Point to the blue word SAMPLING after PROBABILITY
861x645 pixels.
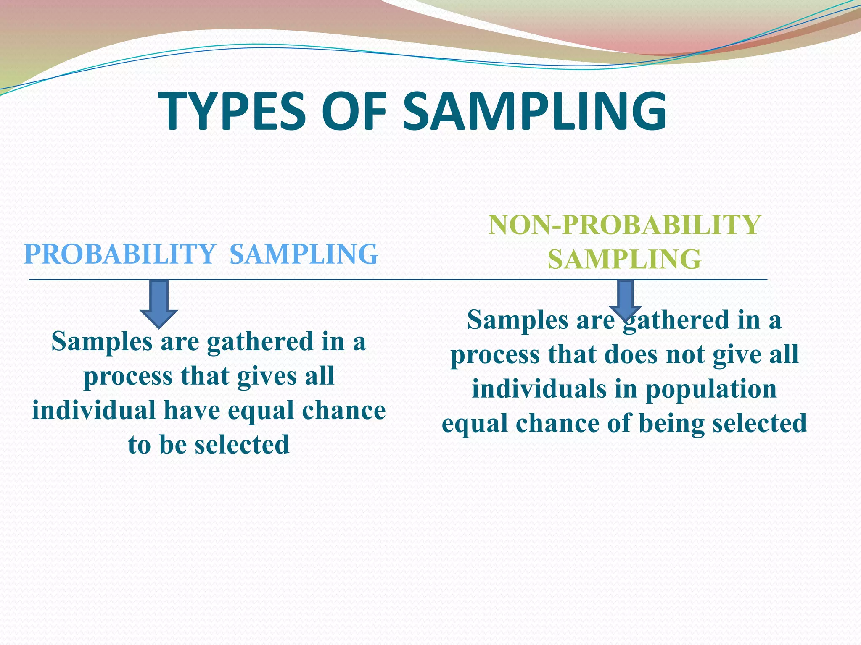tap(304, 254)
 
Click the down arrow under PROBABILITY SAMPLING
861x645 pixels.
tap(159, 303)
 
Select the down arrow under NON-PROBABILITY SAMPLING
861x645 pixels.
tap(626, 298)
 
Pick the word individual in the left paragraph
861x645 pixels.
tap(94, 410)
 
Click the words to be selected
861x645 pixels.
tap(209, 445)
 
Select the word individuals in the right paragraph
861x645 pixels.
tap(539, 389)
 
